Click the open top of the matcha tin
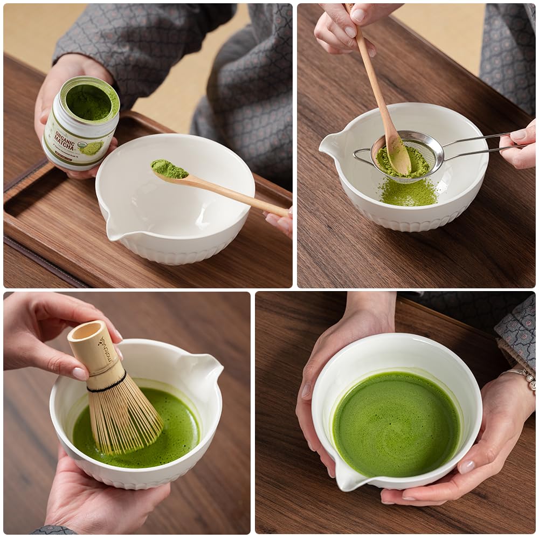click(89, 101)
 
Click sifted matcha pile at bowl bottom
click(409, 193)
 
